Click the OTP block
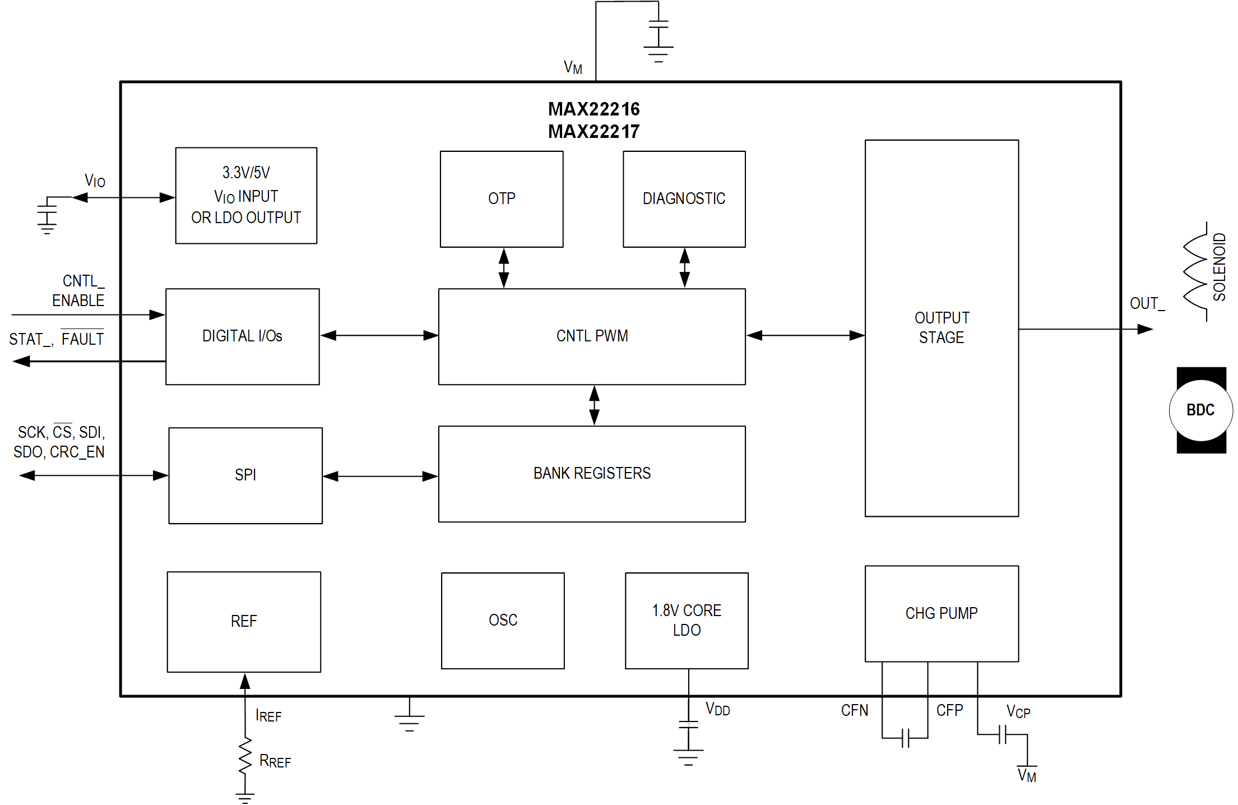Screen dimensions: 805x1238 pyautogui.click(x=502, y=198)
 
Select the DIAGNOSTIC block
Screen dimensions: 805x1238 pyautogui.click(x=684, y=198)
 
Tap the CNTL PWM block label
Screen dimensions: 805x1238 pyautogui.click(x=592, y=336)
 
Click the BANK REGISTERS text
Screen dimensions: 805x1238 pyautogui.click(x=592, y=473)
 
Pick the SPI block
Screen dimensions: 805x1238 pyautogui.click(x=245, y=475)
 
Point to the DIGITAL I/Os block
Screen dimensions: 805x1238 pyautogui.click(x=242, y=336)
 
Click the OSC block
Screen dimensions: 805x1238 pyautogui.click(x=503, y=620)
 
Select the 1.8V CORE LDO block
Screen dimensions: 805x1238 pyautogui.click(x=687, y=620)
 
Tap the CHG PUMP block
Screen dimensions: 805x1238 pyautogui.click(x=942, y=613)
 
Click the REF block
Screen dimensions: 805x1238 pyautogui.click(x=244, y=621)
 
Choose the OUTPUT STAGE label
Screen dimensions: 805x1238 pyautogui.click(x=942, y=327)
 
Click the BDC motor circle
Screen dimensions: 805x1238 pyautogui.click(x=1200, y=410)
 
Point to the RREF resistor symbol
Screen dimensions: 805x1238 pyautogui.click(x=245, y=756)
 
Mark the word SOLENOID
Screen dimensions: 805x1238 pyautogui.click(x=1220, y=267)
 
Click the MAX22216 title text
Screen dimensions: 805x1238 pyautogui.click(x=594, y=109)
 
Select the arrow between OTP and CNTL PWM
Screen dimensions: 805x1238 pyautogui.click(x=504, y=268)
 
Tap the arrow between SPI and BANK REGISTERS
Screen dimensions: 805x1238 pyautogui.click(x=380, y=476)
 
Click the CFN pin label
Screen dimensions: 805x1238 pyautogui.click(x=854, y=711)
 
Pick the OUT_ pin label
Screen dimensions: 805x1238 pyautogui.click(x=1147, y=304)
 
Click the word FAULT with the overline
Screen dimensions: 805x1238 pyautogui.click(x=82, y=339)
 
